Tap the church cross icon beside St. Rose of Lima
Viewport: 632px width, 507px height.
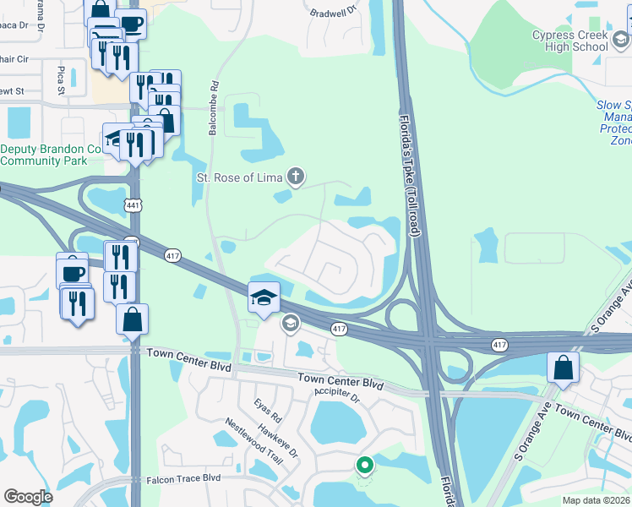(295, 177)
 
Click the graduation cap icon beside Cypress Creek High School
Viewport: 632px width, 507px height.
(621, 40)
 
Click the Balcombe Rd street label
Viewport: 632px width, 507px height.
(214, 109)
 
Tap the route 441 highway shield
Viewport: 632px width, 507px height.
(132, 205)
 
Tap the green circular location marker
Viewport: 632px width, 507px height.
(365, 465)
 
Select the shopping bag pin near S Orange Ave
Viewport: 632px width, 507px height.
(563, 368)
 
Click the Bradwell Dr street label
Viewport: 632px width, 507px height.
(335, 13)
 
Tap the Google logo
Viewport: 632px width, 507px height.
(29, 497)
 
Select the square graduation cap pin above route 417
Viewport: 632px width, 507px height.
(264, 297)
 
